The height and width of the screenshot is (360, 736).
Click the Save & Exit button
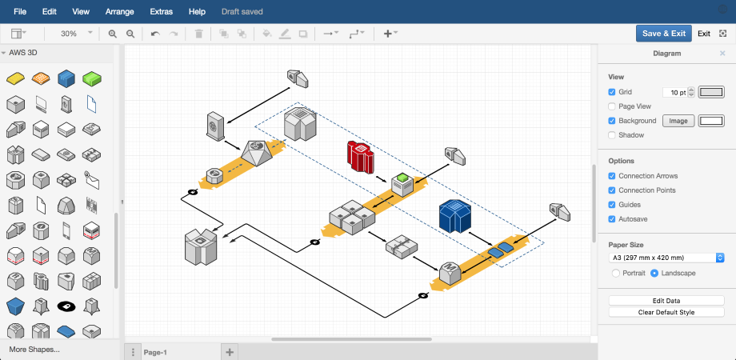pos(663,34)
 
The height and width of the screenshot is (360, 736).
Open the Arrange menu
pos(119,12)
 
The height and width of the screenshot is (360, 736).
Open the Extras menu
pos(161,12)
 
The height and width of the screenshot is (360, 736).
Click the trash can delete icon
pos(199,34)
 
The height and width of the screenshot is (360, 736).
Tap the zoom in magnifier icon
pos(113,34)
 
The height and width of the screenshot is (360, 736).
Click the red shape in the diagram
pos(360,156)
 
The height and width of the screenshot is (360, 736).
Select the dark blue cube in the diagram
pos(455,216)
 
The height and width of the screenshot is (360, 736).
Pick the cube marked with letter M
pos(450,272)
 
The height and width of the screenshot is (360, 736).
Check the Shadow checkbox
pos(612,135)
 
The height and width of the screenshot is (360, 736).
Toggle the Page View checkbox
pos(612,106)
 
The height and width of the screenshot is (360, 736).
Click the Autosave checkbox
pos(612,219)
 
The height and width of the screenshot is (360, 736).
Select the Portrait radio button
pos(616,273)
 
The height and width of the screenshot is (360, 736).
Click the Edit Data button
pos(666,301)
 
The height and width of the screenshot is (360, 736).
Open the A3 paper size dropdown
pos(666,258)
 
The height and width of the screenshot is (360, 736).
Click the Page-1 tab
pos(155,353)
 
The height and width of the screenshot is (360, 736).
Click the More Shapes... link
pos(34,350)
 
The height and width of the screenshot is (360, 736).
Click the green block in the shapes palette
pos(93,79)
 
